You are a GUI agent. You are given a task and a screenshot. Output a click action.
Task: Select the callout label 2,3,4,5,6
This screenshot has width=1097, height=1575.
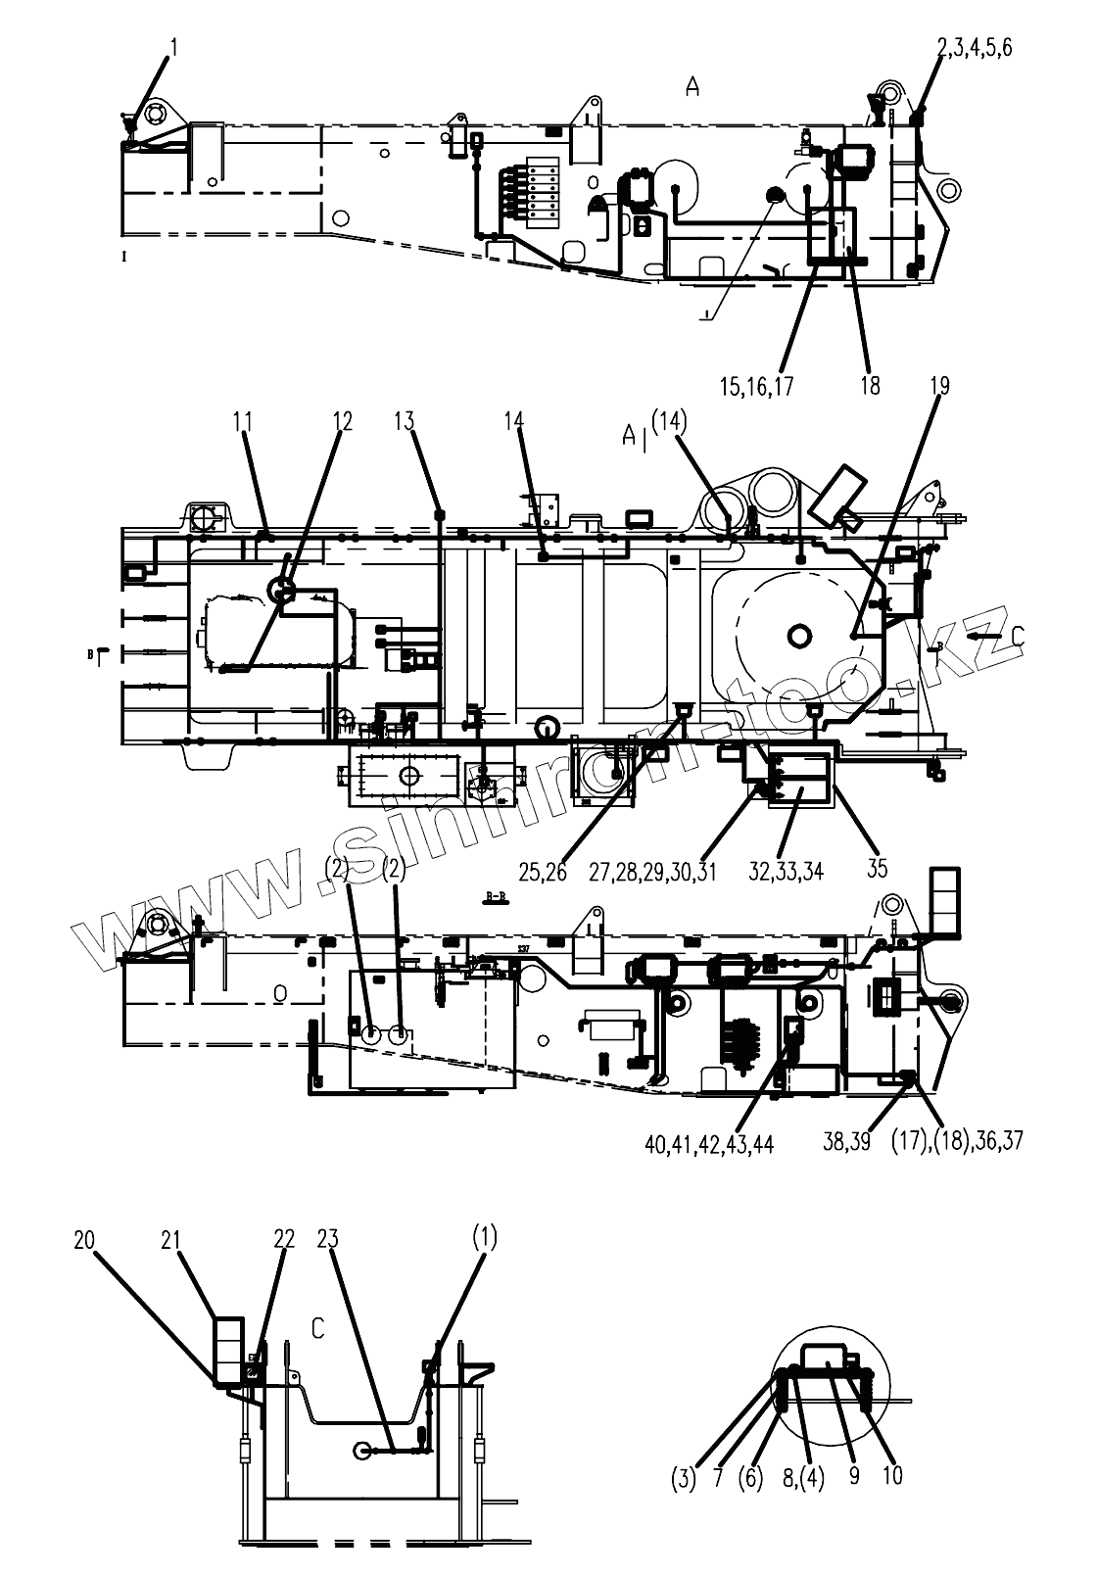click(x=976, y=47)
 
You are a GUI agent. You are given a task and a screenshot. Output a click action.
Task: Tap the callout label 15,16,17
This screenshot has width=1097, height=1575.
click(x=756, y=385)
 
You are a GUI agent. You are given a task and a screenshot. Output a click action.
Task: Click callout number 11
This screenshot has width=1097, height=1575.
click(x=243, y=422)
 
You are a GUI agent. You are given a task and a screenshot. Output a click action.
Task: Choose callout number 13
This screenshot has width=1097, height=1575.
click(x=405, y=422)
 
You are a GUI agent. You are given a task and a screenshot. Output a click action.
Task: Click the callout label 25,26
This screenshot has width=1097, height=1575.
click(x=542, y=871)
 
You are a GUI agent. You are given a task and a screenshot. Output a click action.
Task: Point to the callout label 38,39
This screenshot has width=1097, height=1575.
click(x=846, y=1141)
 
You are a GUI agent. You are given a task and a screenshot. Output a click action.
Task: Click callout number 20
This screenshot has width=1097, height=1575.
click(x=84, y=1239)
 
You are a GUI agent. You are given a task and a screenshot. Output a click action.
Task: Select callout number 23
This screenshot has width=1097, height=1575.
click(x=327, y=1239)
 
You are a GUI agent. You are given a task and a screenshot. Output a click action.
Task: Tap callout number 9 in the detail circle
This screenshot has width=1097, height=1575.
click(x=854, y=1475)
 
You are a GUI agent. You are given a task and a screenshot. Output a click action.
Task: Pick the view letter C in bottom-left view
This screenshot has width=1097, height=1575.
click(x=317, y=1328)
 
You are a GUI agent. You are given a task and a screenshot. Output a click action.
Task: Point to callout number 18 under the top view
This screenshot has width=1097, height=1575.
click(x=870, y=385)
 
